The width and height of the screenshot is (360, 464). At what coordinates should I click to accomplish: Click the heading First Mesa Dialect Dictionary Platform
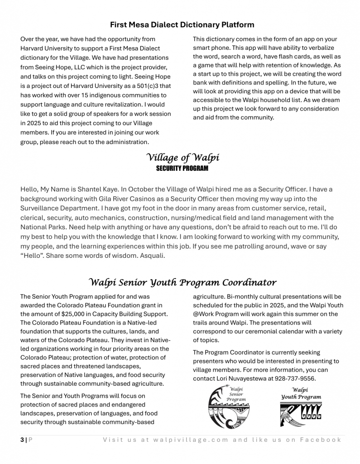click(182, 24)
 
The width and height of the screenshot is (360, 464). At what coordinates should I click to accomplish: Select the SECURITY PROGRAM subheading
click(182, 169)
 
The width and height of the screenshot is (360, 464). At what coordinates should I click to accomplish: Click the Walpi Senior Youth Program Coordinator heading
click(182, 282)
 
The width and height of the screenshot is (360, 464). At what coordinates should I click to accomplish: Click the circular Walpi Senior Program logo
click(229, 406)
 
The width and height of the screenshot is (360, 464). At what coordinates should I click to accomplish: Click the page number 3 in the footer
click(22, 440)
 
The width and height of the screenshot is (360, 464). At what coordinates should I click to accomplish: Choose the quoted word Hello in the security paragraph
click(33, 256)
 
